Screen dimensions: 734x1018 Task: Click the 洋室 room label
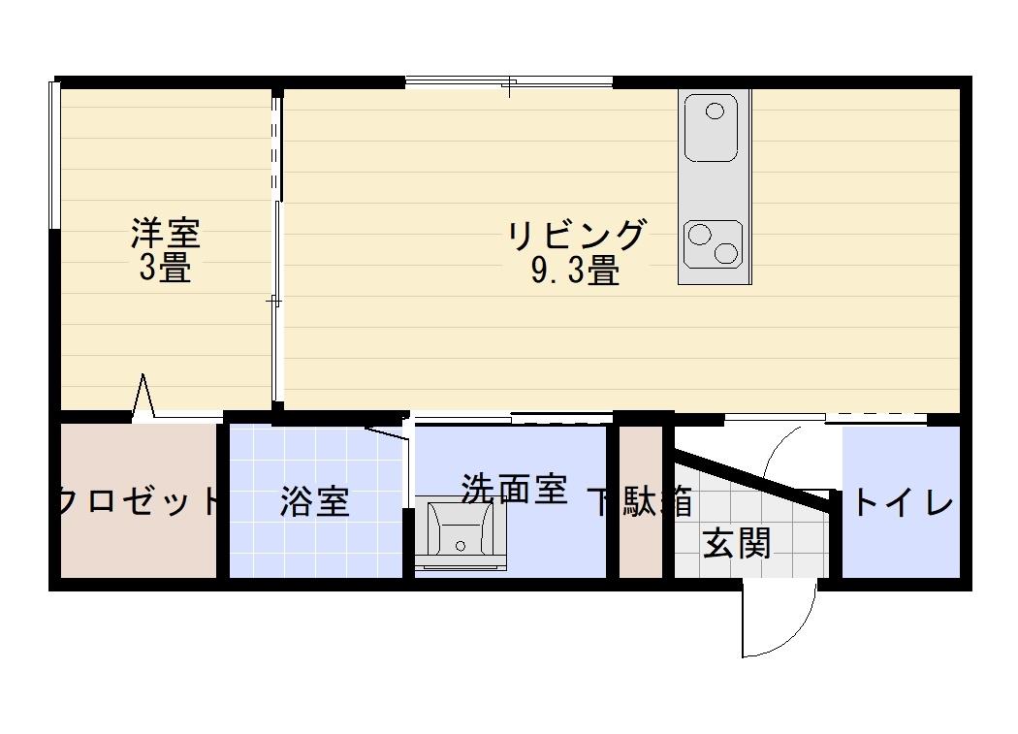pyautogui.click(x=166, y=234)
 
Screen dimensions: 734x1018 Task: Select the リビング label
pyautogui.click(x=577, y=236)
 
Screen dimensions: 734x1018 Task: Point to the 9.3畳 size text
pyautogui.click(x=575, y=271)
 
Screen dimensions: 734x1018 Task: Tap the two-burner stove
pyautogui.click(x=714, y=243)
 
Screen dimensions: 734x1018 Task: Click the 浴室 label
pyautogui.click(x=314, y=502)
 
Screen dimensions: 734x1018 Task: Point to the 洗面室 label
pyautogui.click(x=513, y=489)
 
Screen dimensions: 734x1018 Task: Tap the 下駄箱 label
pyautogui.click(x=641, y=502)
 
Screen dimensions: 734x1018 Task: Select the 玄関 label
pyautogui.click(x=737, y=544)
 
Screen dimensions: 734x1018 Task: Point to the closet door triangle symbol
pyautogui.click(x=143, y=397)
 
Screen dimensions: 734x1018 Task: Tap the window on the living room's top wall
pyautogui.click(x=509, y=82)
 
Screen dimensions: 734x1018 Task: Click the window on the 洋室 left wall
pyautogui.click(x=54, y=155)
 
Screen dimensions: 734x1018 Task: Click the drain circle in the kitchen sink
pyautogui.click(x=716, y=111)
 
